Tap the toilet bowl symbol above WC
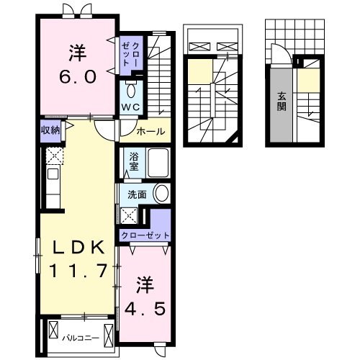[x=131, y=89]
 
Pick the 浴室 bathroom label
[x=135, y=161]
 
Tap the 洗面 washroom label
[x=138, y=194]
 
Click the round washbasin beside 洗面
[x=162, y=194]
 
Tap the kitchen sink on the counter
[x=52, y=174]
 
